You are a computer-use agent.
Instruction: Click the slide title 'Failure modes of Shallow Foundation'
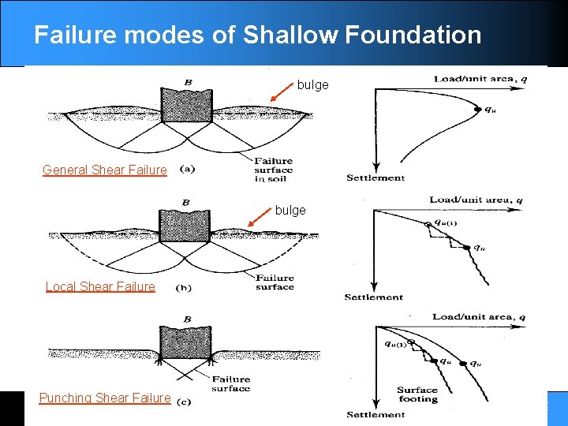tap(257, 35)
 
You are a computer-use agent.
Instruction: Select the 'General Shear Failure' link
tap(105, 170)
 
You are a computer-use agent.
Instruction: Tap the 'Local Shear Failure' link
tap(100, 286)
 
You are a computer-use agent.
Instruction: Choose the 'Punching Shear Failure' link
tap(105, 398)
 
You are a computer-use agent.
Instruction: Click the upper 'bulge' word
tap(312, 84)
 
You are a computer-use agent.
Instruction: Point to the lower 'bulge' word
tap(290, 211)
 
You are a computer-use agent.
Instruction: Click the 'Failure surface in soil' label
tap(273, 169)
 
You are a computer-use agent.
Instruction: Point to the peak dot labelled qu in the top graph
tap(478, 110)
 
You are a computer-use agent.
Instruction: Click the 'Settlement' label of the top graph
tap(376, 177)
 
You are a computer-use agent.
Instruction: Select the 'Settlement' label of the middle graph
tap(373, 297)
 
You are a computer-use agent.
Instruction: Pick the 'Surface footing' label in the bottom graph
tap(417, 394)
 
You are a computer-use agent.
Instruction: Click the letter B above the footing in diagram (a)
tap(188, 82)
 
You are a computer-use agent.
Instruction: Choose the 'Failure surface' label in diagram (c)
tap(231, 383)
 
